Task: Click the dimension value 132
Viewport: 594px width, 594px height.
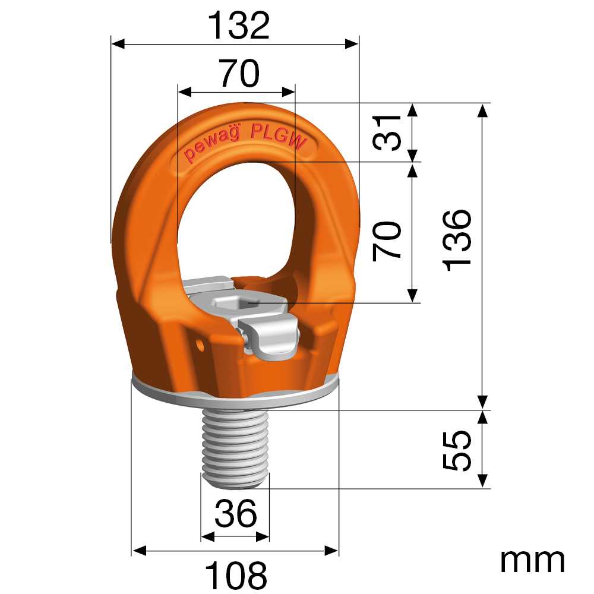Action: tap(239, 25)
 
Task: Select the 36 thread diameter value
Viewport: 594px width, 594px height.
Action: tap(236, 513)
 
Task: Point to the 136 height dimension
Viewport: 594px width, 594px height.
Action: tap(457, 240)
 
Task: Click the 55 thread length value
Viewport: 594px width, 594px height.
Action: tap(457, 450)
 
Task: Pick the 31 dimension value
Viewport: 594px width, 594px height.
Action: tap(387, 132)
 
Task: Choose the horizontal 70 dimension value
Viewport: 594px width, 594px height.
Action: tap(240, 72)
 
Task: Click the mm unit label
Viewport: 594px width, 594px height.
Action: tap(532, 561)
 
